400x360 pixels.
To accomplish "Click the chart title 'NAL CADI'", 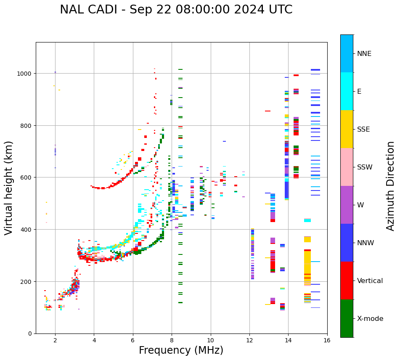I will [176, 10].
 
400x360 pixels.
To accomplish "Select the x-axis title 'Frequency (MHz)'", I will [181, 350].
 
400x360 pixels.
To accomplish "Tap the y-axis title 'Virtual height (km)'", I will [9, 188].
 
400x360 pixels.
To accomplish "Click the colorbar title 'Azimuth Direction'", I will [391, 186].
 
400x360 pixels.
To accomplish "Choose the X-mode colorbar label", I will [370, 319].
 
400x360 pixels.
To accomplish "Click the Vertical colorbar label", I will [370, 281].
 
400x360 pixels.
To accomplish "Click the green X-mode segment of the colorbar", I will [347, 318].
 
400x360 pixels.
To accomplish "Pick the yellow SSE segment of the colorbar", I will [347, 129].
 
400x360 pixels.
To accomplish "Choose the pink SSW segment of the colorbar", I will [347, 167].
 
